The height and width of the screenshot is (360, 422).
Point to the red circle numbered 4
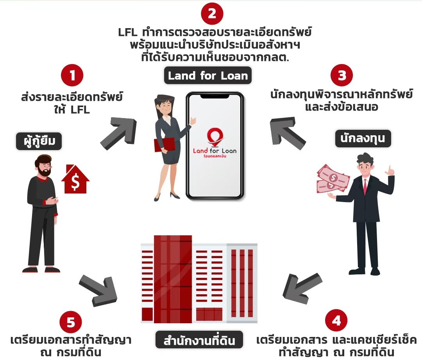[336, 321]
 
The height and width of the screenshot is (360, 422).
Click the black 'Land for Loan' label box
[208, 76]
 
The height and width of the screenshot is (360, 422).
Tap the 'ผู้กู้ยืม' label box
[39, 141]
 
